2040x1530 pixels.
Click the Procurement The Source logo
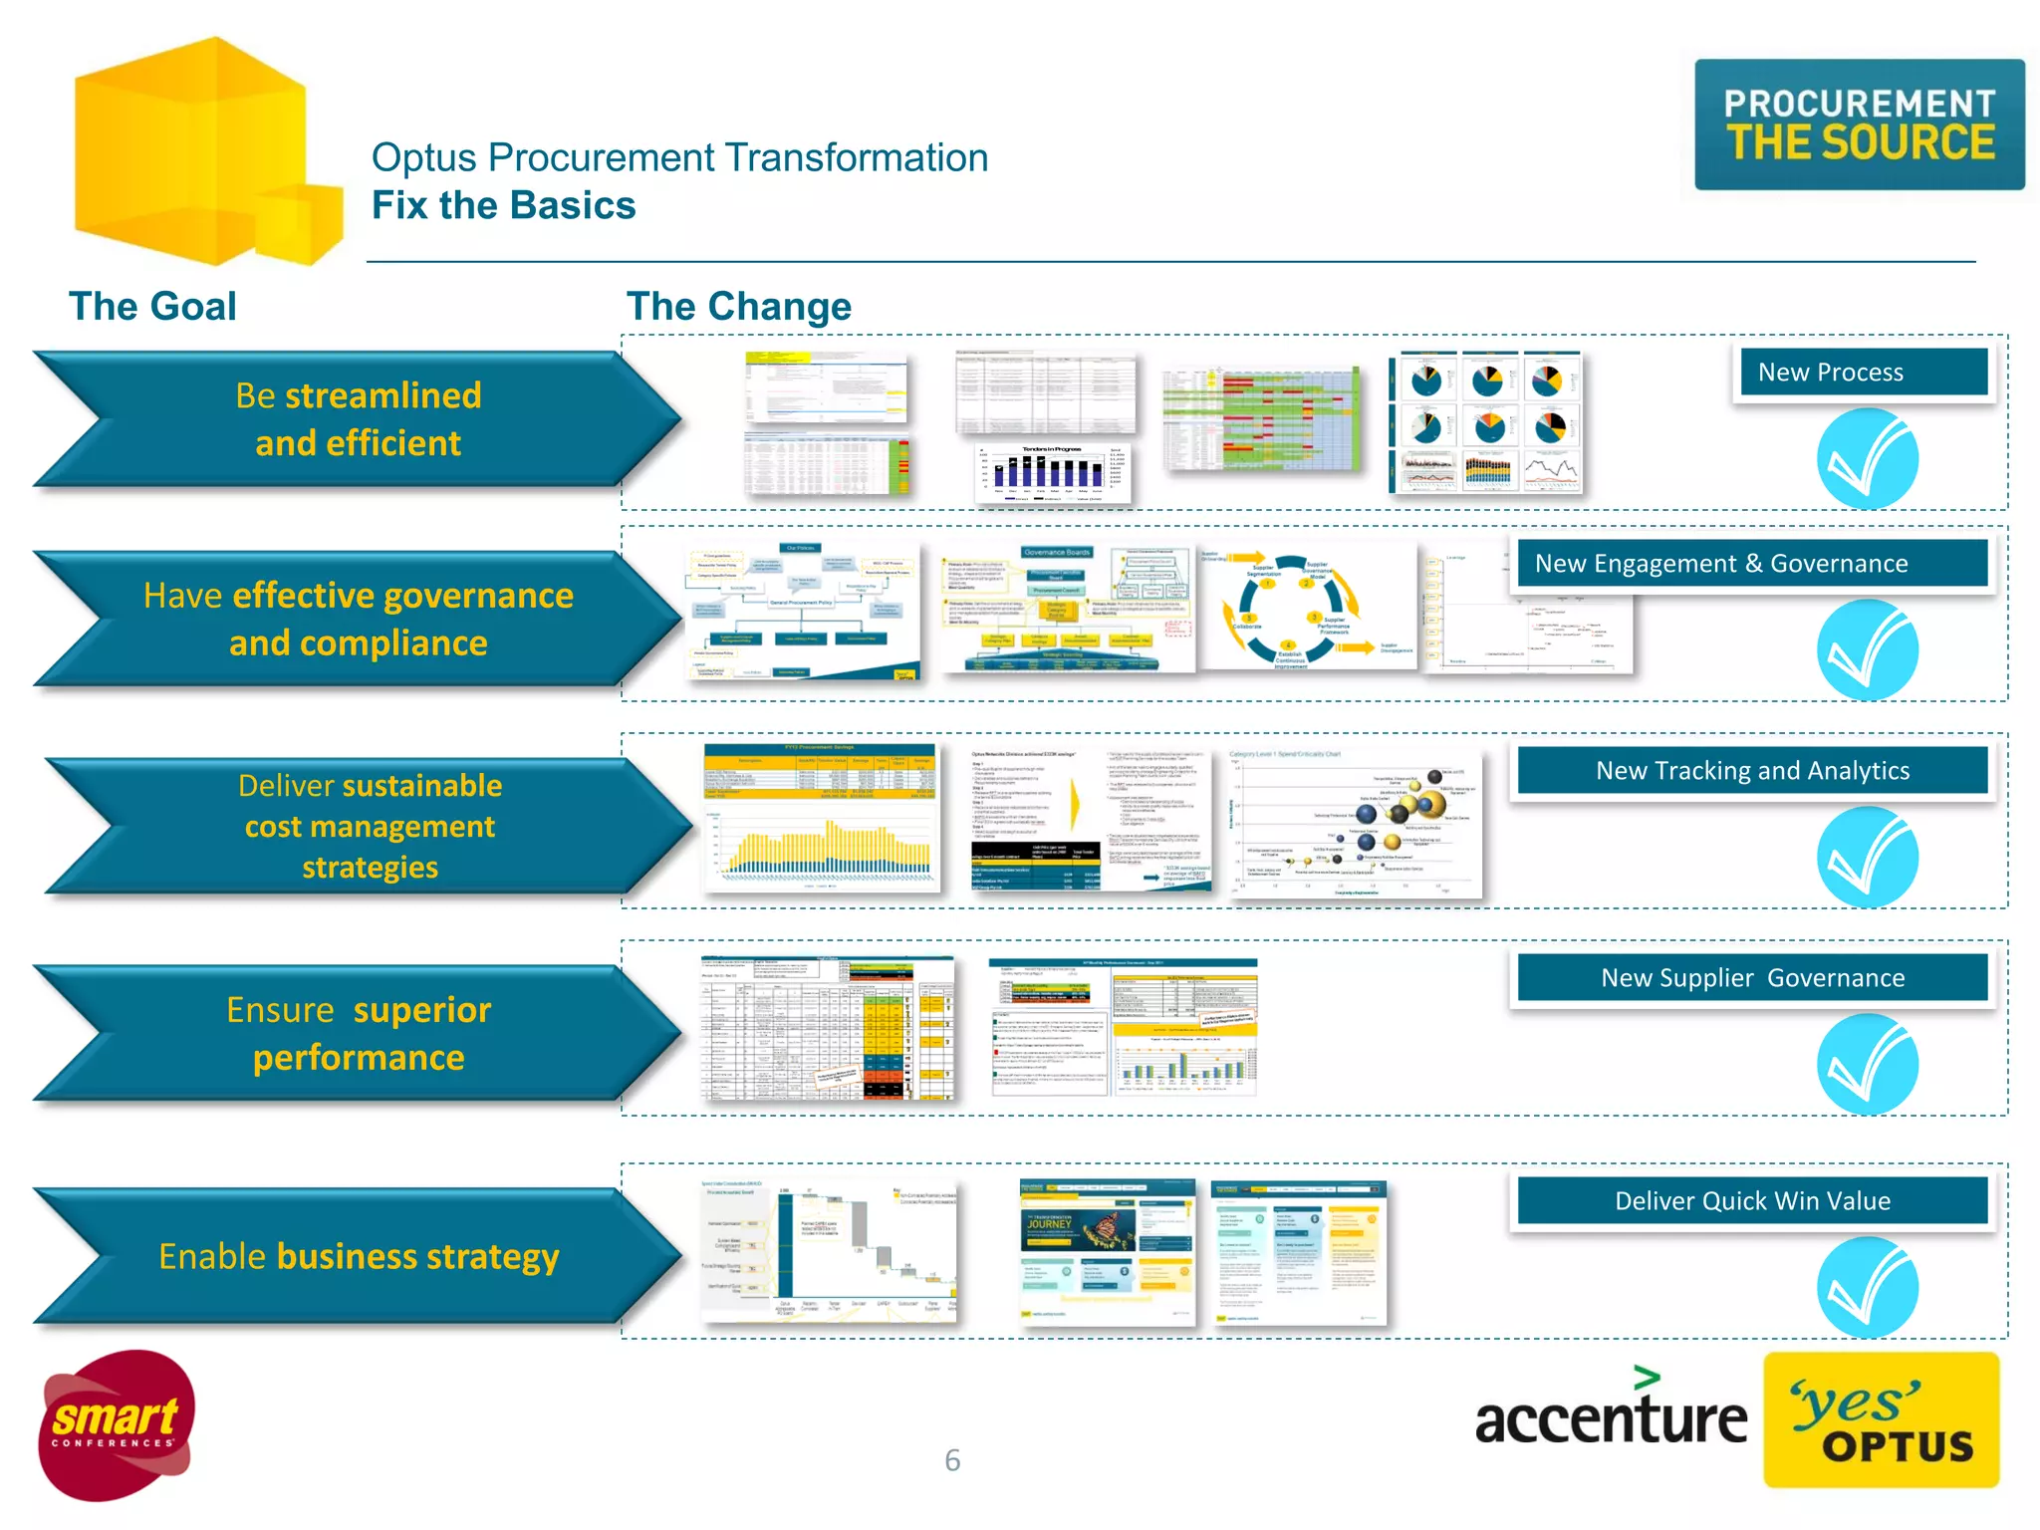click(1859, 125)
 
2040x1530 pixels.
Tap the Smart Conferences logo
click(116, 1424)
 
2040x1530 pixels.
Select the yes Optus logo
click(1881, 1420)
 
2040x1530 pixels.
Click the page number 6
click(952, 1460)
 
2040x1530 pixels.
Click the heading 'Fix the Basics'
click(503, 205)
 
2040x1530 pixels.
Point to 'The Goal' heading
click(152, 306)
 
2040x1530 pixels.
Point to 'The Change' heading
click(738, 306)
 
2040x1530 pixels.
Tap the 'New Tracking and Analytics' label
click(1751, 771)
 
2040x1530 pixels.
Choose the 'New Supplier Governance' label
click(1751, 978)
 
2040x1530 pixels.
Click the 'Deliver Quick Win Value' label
click(1751, 1201)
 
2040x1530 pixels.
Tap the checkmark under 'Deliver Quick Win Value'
click(1867, 1287)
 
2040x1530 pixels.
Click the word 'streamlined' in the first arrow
click(382, 395)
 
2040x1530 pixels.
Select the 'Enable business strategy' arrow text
click(359, 1256)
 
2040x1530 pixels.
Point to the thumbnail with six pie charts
click(1485, 422)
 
